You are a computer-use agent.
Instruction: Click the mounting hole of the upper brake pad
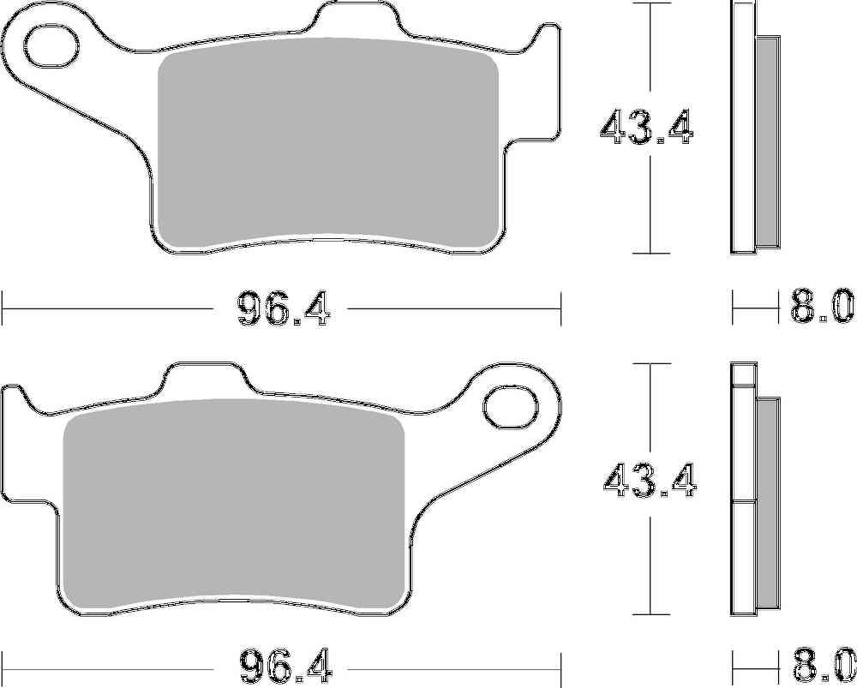pos(53,43)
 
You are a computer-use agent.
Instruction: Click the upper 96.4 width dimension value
pos(282,308)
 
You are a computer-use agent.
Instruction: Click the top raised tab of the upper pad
pos(358,19)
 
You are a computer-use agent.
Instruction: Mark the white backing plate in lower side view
pos(742,488)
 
